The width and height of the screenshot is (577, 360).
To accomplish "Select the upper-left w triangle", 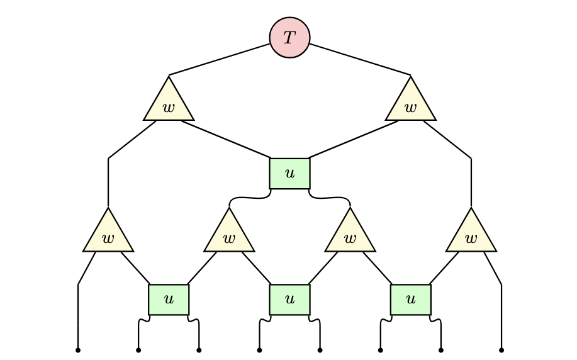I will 169,103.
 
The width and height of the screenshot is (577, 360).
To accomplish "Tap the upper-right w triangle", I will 410,103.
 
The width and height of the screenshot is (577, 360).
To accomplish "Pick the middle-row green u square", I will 289,173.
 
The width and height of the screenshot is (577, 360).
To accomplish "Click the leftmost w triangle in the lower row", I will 108,235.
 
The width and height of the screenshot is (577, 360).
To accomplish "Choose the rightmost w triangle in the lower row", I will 471,235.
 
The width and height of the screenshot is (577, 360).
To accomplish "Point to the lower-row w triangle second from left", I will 229,235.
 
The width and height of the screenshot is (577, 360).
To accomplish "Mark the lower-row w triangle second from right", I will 350,235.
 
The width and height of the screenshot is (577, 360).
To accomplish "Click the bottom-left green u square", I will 169,300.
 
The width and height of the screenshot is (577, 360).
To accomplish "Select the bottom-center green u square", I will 289,300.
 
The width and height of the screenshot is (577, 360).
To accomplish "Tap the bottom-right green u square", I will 410,300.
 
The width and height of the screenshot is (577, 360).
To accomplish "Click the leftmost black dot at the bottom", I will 78,349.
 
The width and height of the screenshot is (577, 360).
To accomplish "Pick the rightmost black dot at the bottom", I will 501,349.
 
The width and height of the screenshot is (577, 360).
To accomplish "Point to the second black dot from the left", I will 138,349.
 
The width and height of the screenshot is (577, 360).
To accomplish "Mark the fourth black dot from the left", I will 259,349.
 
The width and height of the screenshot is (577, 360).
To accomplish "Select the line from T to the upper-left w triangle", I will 220,60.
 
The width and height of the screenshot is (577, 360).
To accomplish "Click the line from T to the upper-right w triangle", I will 360,60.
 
